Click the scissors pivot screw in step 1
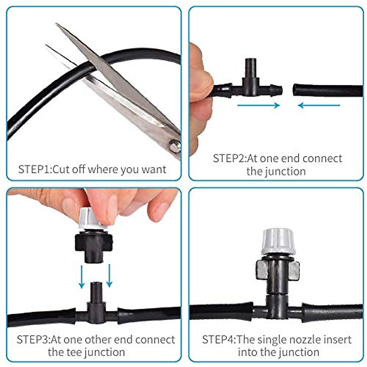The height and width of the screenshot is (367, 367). coord(175,146)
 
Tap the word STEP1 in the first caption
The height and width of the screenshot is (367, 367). coord(34,169)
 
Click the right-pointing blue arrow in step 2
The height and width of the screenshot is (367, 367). coord(258,106)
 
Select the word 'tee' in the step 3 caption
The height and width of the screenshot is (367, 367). coord(72,352)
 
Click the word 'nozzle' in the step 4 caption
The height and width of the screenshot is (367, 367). coord(308,339)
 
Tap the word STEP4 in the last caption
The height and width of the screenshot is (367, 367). coord(218,339)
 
